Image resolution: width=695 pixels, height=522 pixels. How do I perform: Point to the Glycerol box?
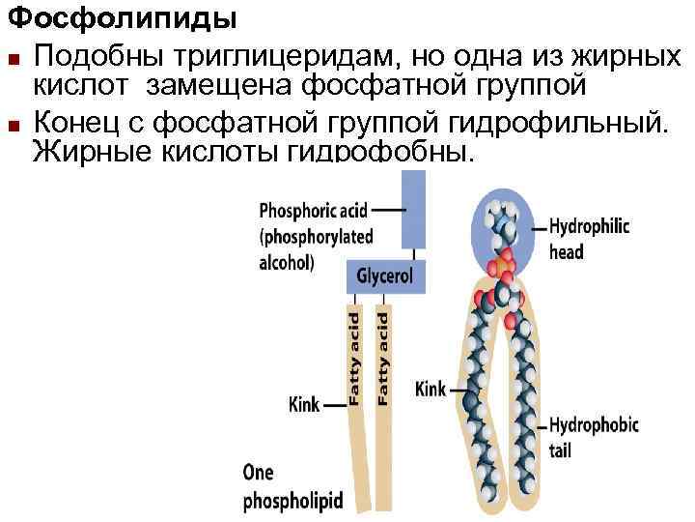pos(384,276)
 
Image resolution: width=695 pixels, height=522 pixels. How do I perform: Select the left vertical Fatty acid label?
pos(353,358)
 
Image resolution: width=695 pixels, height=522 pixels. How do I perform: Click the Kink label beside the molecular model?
pos(430,390)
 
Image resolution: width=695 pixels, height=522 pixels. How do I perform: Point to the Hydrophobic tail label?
pos(589,436)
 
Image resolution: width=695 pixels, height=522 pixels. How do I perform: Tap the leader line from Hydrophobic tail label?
pos(541,424)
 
